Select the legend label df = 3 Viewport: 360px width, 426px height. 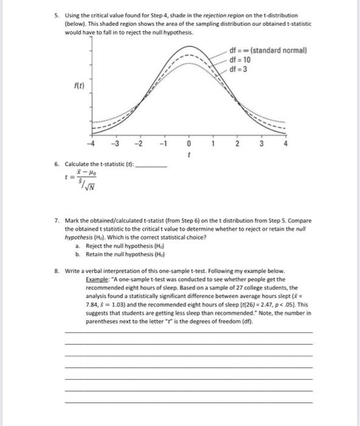(x=239, y=68)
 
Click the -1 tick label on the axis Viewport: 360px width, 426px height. (x=163, y=144)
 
